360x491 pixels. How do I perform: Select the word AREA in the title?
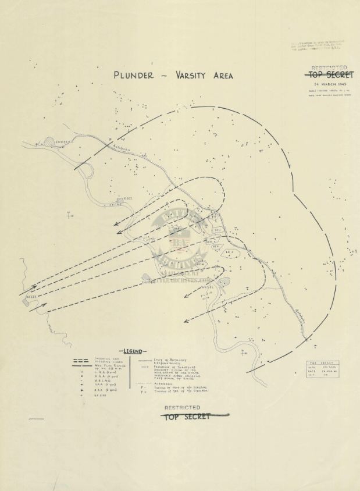coord(223,75)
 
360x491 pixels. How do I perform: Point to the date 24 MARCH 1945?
coord(329,84)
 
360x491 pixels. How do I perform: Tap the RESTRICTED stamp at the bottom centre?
coord(182,408)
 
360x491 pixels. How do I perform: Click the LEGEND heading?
coord(134,351)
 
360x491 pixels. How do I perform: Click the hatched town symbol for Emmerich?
coord(50,141)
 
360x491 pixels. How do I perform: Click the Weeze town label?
coord(31,297)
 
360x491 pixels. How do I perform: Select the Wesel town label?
coord(209,287)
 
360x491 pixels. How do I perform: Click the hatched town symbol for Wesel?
coord(224,283)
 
